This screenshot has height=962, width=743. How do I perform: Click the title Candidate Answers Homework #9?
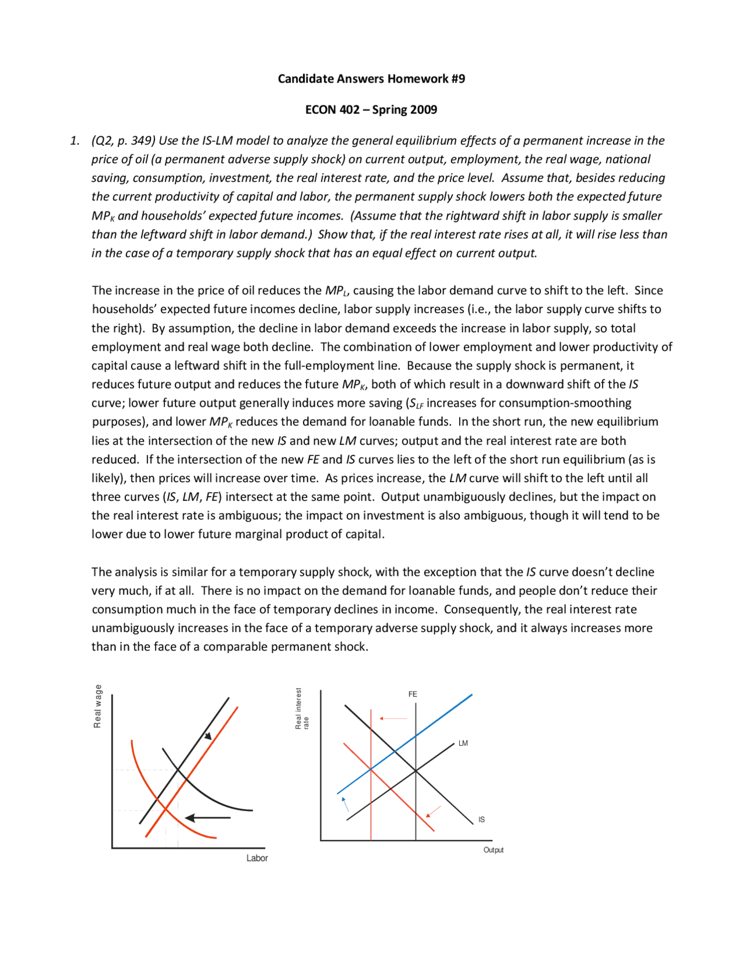coord(371,78)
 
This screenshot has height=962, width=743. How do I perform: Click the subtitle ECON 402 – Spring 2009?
coord(371,109)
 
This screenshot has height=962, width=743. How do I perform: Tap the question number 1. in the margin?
coord(75,141)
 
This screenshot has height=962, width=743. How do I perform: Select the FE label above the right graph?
coord(412,694)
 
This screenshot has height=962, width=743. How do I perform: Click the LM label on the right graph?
coord(463,743)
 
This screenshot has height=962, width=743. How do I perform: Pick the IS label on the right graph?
coord(481,820)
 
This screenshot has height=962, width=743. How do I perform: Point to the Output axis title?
coord(493,850)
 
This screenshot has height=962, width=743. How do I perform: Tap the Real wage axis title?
coord(98,706)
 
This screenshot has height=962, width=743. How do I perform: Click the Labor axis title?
coord(257,858)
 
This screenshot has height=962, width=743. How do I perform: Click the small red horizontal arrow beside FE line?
coord(393,719)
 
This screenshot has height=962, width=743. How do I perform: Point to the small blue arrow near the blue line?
coord(345,804)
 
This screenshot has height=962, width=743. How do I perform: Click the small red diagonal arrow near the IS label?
coord(434,812)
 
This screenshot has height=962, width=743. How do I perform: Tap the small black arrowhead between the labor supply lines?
coord(207,736)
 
